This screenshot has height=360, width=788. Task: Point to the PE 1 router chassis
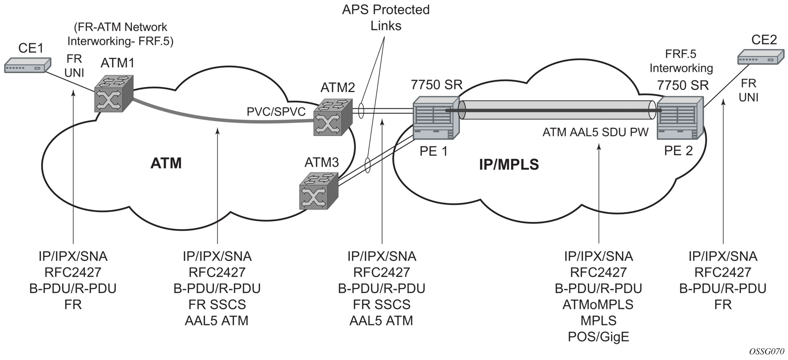click(436, 118)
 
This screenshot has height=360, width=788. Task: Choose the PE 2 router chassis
click(680, 118)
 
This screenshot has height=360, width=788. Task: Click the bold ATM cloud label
click(166, 163)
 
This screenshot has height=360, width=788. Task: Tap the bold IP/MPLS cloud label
click(509, 164)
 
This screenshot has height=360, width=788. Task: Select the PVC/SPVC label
click(276, 111)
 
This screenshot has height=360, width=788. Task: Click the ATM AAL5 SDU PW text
click(595, 132)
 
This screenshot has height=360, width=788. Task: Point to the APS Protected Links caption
click(386, 18)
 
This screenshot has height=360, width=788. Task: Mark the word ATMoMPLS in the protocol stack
click(598, 304)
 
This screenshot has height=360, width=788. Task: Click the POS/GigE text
click(598, 337)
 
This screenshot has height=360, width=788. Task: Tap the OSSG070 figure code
click(766, 351)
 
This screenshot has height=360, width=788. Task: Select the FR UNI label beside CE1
click(74, 66)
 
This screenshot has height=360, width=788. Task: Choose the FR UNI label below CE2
click(749, 90)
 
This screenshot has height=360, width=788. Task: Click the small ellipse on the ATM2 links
click(361, 111)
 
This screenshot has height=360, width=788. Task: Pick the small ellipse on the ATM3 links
click(367, 165)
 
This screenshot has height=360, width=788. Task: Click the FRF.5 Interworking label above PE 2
click(681, 61)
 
